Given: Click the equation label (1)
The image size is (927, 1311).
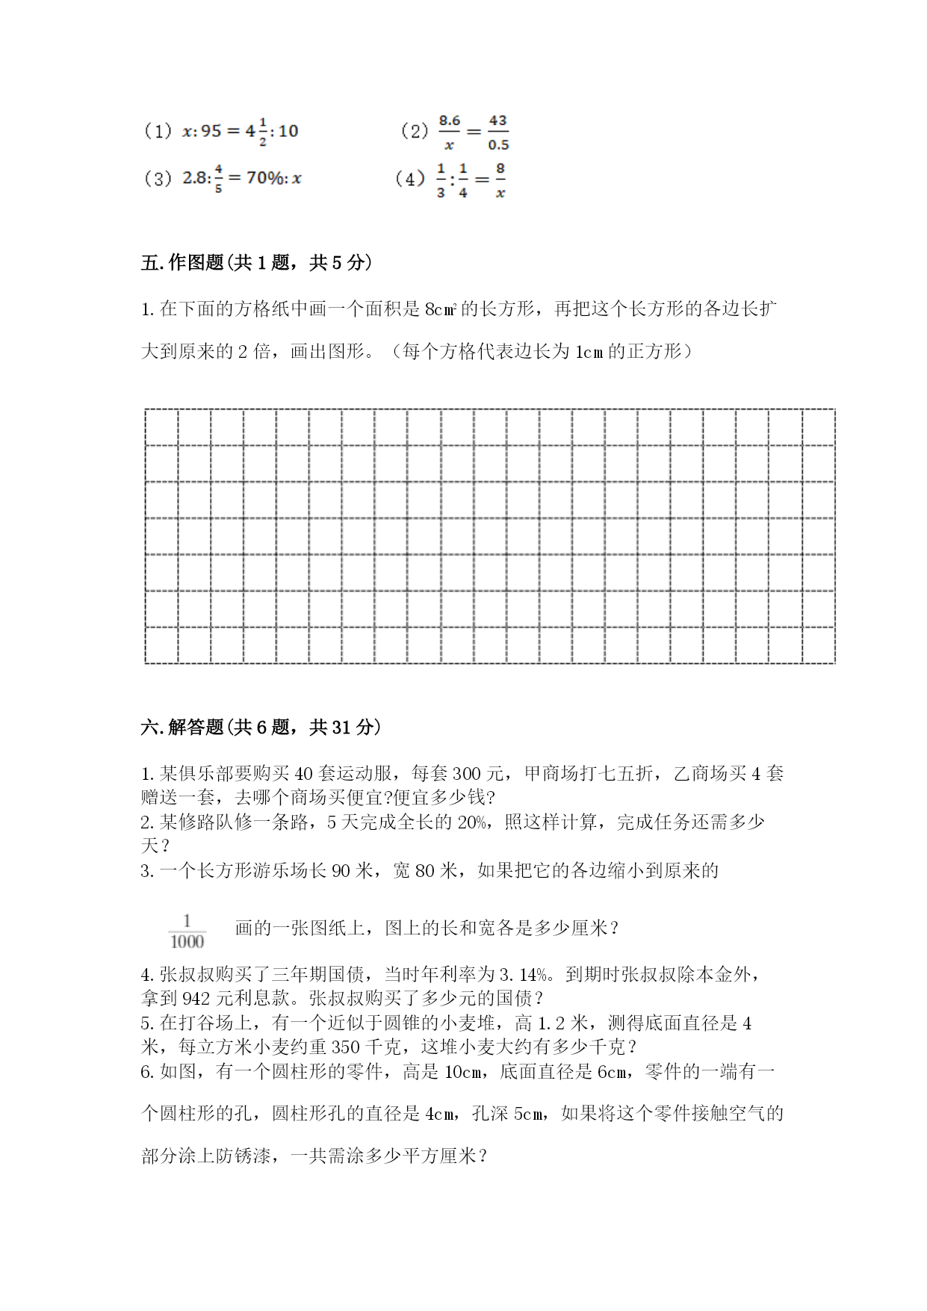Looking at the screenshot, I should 158,131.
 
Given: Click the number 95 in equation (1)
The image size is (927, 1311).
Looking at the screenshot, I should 211,131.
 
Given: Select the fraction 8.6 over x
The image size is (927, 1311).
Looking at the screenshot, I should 449,132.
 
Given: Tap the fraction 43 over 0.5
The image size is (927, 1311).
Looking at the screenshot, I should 498,132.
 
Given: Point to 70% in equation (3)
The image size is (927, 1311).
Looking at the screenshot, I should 265,179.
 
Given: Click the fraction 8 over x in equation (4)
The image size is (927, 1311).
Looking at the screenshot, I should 500,180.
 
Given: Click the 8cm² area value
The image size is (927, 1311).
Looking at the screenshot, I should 440,309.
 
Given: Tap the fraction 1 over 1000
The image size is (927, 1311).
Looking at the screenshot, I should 187,931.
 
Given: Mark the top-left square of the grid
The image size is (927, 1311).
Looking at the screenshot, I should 161,427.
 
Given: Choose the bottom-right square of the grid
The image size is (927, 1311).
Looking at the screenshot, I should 819,645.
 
